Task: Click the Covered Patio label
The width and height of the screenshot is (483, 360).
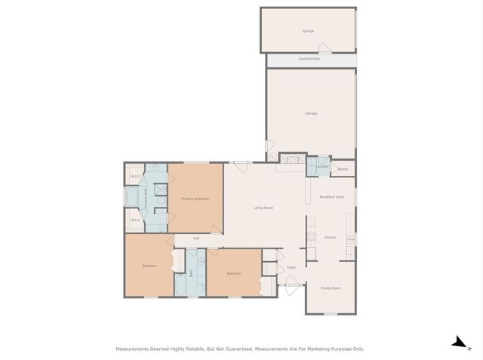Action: click(x=309, y=59)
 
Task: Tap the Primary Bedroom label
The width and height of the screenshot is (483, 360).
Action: click(x=195, y=198)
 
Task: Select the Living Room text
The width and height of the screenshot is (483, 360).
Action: click(x=263, y=208)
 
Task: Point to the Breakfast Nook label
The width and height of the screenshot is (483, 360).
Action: click(x=331, y=197)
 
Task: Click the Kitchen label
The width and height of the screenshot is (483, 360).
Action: click(x=330, y=238)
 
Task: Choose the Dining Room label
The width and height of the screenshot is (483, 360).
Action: click(x=331, y=288)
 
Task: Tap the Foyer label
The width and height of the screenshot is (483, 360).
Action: click(x=291, y=267)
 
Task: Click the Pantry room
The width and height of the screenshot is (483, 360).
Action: click(x=343, y=170)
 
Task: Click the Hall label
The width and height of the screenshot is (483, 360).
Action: click(x=196, y=238)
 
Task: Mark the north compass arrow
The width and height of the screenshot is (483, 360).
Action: click(x=458, y=342)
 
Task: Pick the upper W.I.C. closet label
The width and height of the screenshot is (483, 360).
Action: click(x=134, y=177)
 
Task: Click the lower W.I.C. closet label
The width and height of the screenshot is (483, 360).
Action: click(x=134, y=220)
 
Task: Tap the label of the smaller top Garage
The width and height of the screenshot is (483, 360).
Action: click(x=308, y=31)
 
